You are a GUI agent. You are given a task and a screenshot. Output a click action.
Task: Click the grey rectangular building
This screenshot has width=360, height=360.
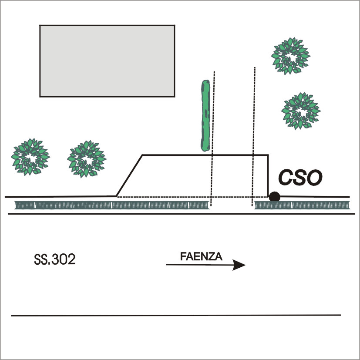pos(107,61)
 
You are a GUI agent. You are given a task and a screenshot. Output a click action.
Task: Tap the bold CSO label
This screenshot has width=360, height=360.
pos(300,178)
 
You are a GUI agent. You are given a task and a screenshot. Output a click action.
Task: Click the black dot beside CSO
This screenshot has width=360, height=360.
pos(274,196)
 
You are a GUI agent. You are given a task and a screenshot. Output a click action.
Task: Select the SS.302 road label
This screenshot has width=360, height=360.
pos(55,260)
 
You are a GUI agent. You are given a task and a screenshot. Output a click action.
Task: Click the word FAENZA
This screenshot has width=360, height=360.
pos(201,257)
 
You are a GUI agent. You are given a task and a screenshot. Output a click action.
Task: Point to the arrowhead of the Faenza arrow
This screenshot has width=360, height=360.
pos(239,265)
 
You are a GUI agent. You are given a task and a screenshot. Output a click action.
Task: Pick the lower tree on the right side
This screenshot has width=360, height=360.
pos(300,110)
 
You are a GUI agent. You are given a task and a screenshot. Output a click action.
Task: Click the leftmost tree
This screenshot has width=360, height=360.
pos(30,156)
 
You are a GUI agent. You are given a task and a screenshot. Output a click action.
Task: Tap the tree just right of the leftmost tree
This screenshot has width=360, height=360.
pos(86,158)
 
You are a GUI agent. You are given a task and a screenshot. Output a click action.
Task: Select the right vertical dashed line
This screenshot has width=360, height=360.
pos(253,131)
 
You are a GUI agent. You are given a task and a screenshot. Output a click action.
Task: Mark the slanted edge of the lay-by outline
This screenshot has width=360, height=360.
pos(129,175)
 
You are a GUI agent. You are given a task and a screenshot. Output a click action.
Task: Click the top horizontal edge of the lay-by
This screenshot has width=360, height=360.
pos(205,155)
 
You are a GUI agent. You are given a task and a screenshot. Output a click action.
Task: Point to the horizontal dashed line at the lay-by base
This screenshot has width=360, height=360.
pos(165,197)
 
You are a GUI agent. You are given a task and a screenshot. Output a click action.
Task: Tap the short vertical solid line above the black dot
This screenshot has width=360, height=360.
pos(268,174)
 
